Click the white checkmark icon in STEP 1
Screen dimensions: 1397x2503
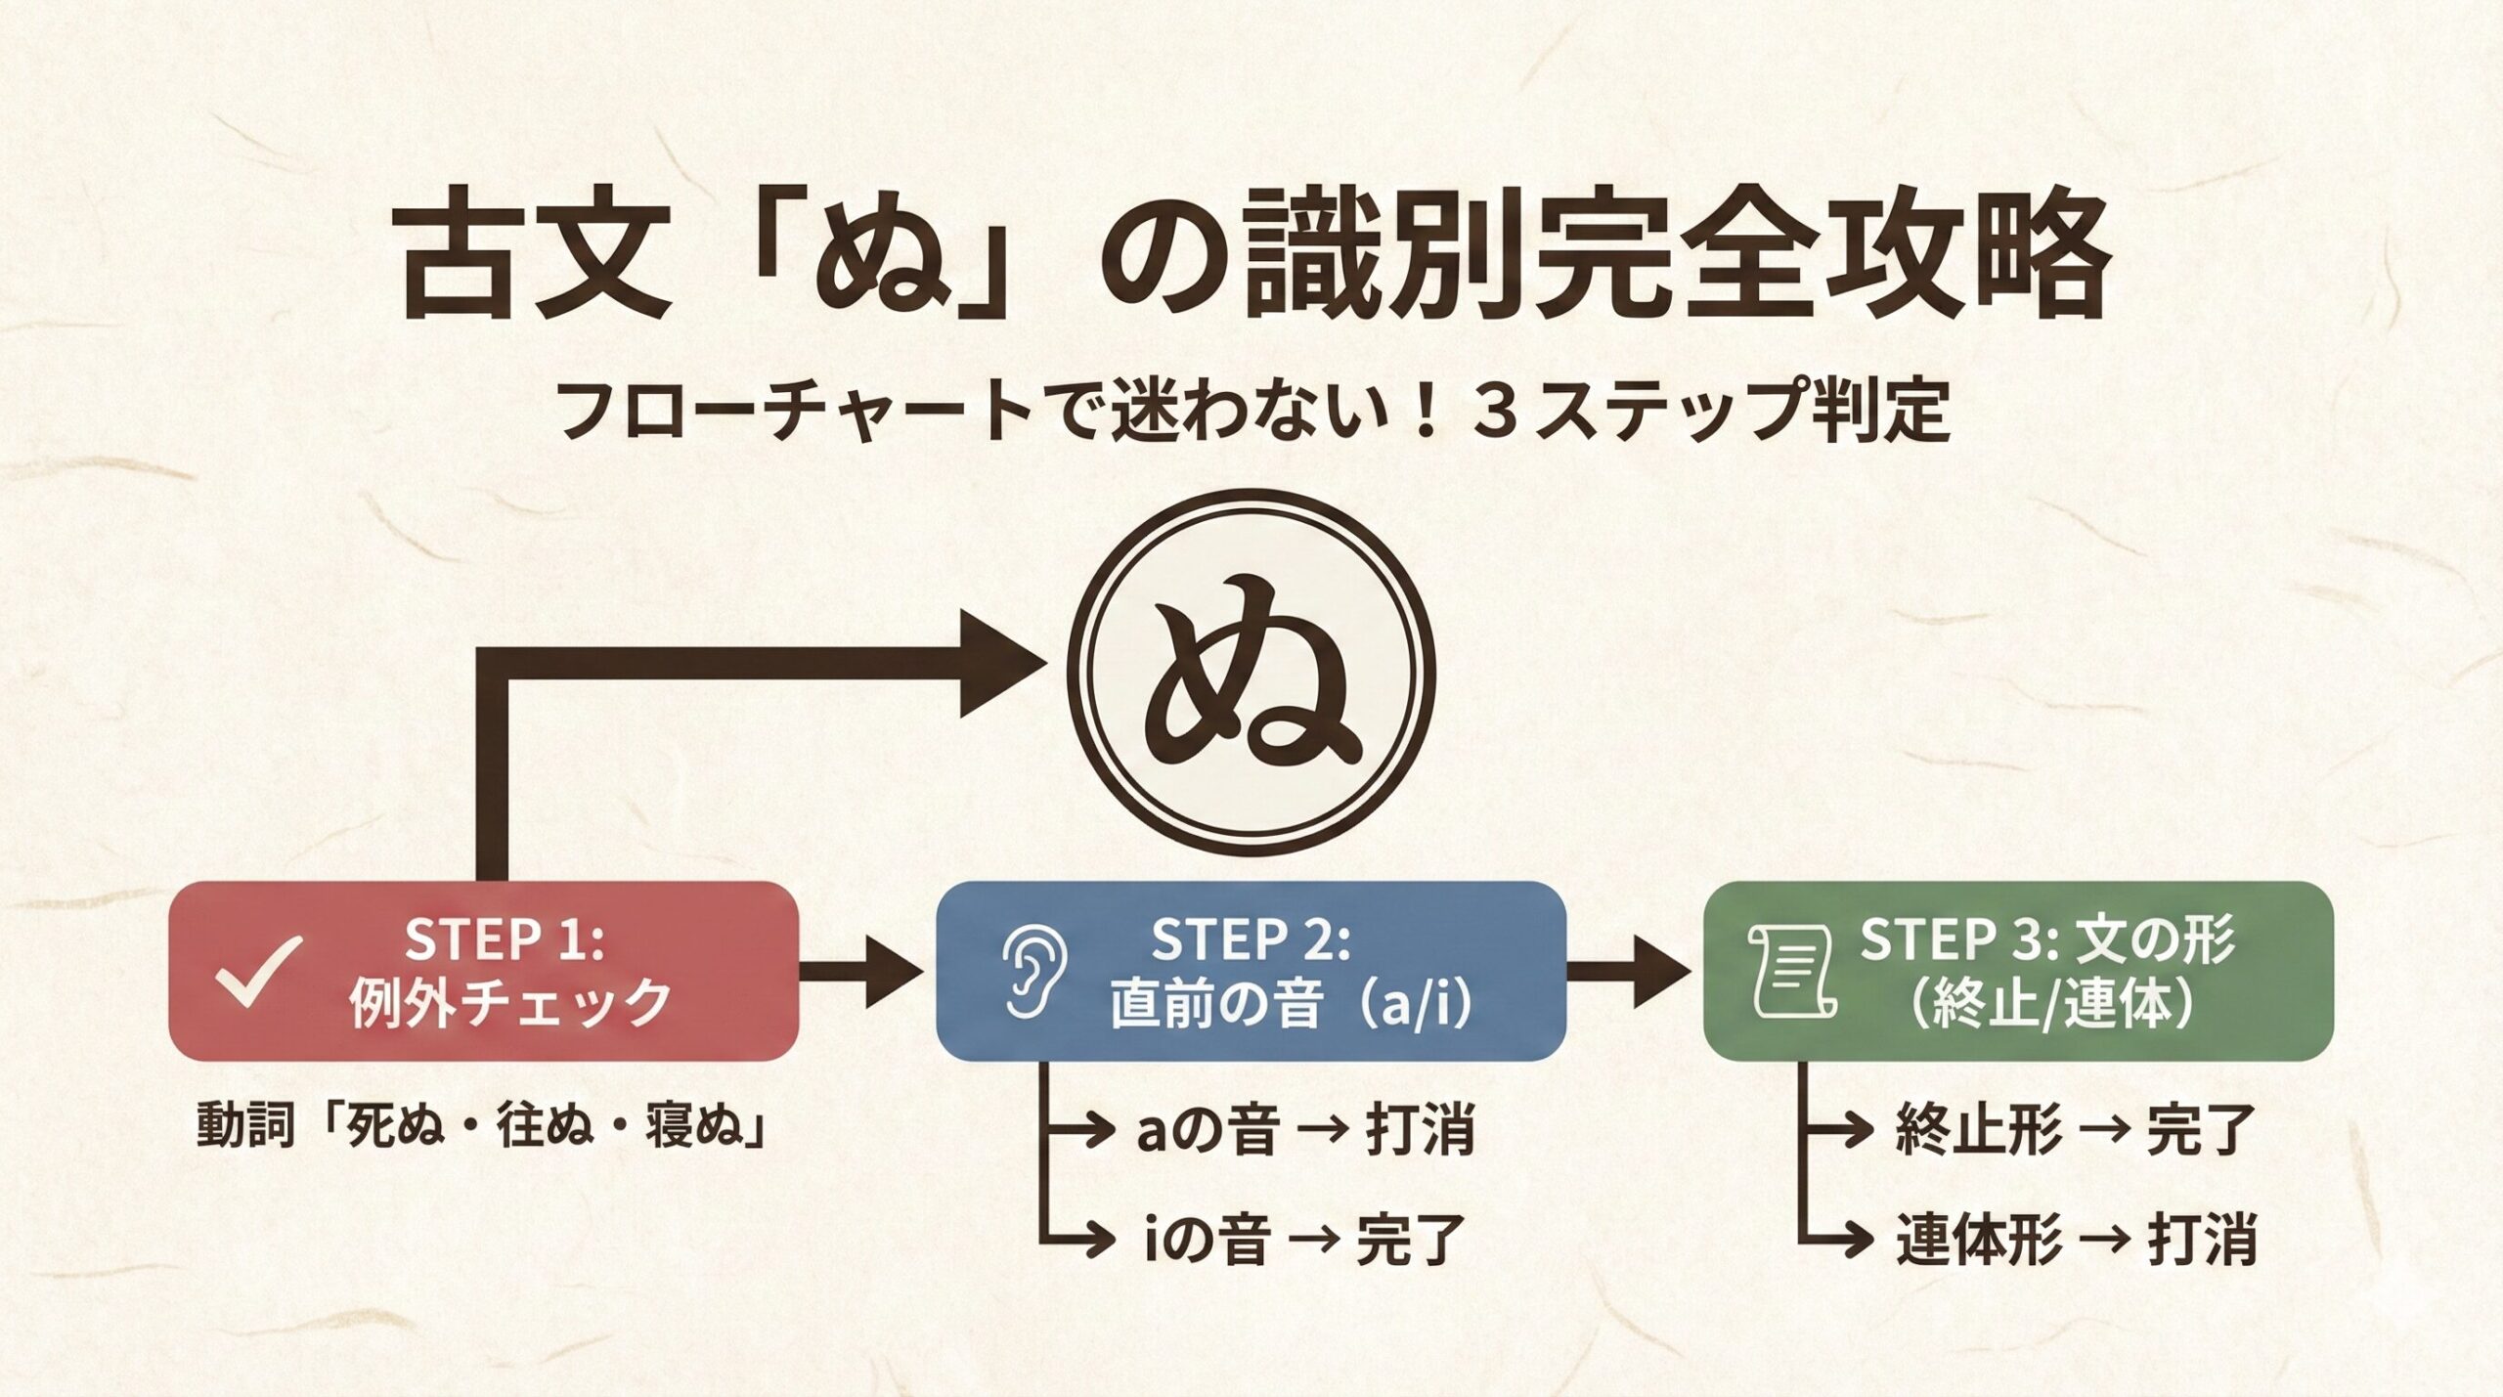click(x=259, y=973)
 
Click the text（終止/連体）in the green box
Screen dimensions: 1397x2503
click(x=2047, y=1003)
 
